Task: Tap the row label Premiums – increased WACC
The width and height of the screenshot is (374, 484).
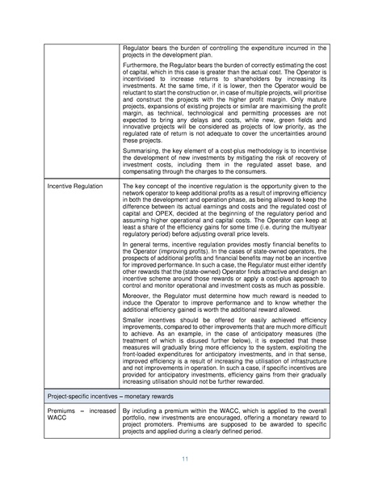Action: tap(70, 415)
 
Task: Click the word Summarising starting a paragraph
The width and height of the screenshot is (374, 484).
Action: tap(144, 150)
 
